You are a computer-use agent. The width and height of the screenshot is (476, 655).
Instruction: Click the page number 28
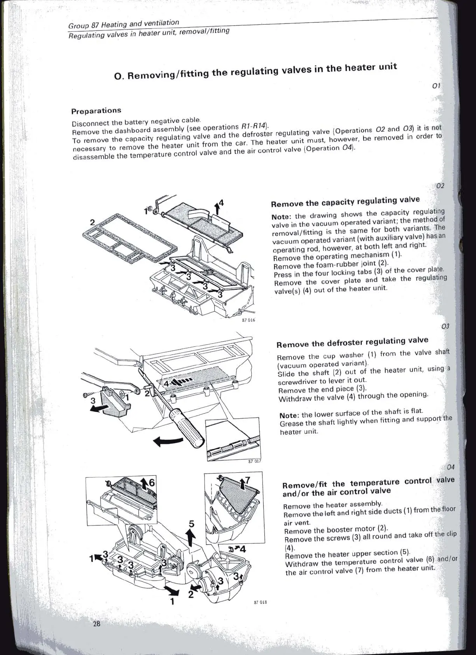coord(96,624)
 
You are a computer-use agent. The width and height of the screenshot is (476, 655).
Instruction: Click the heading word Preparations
coord(96,111)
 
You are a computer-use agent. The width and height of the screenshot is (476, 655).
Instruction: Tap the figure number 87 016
coord(248,320)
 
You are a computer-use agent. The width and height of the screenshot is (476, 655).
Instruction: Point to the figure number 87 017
coord(254,461)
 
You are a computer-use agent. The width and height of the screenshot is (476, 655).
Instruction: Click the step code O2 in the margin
coord(440,186)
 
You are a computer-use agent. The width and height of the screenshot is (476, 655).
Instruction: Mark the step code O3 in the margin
coord(445,326)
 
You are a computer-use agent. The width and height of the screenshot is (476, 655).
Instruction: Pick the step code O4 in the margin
coord(451,467)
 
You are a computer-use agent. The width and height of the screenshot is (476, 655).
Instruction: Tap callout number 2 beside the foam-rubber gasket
coord(93,222)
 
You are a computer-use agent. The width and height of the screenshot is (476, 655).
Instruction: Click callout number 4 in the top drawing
coord(221,203)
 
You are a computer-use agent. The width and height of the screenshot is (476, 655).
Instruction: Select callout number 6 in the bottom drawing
coord(152,483)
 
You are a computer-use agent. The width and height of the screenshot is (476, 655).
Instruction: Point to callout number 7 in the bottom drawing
coord(248,480)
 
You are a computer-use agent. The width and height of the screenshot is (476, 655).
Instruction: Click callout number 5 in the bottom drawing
coord(191,524)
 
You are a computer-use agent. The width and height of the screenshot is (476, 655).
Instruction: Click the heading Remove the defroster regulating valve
coord(352,342)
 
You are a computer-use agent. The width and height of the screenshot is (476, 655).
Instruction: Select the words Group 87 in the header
coord(83,25)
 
